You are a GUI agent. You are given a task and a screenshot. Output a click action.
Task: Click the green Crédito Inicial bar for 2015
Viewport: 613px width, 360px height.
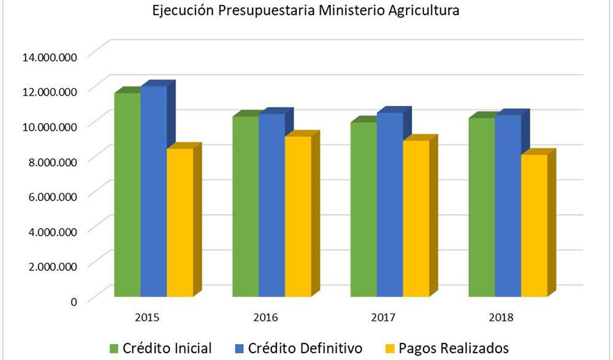point(128,196)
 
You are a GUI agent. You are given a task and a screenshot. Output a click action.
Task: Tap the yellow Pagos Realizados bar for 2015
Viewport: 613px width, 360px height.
point(180,224)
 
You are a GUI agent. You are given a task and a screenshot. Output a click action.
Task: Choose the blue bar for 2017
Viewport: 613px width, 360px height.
point(389,205)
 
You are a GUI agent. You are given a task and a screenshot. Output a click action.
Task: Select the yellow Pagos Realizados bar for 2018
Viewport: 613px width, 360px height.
point(534,227)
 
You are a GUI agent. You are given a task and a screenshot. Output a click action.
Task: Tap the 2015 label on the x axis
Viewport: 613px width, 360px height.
point(147,318)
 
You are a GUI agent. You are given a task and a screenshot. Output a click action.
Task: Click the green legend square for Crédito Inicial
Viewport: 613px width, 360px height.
point(114,348)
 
